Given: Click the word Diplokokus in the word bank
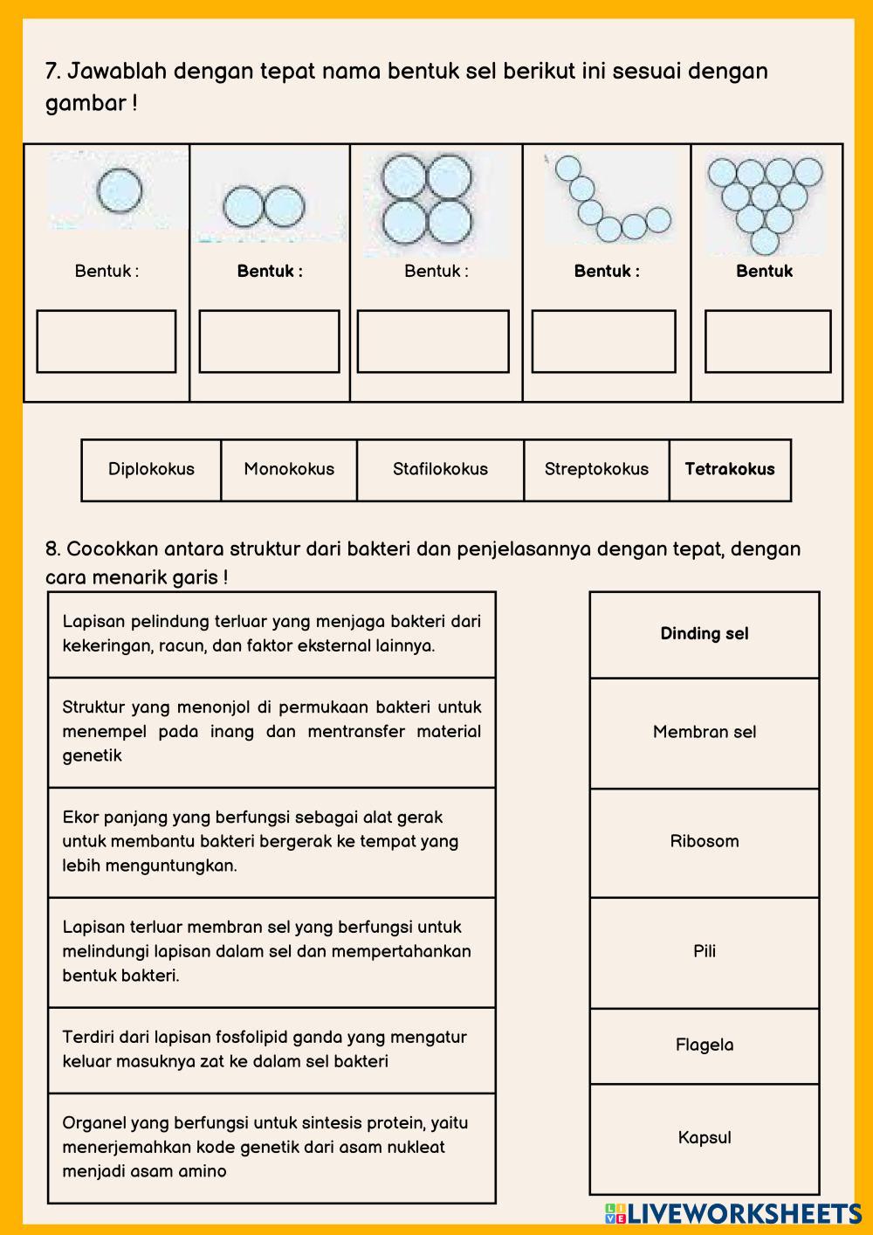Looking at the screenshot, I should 151,469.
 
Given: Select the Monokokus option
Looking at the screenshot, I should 289,469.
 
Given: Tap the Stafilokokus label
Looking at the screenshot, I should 440,469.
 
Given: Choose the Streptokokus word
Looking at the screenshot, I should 596,469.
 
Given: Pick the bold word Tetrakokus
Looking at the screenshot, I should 730,469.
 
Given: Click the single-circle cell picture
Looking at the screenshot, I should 118,190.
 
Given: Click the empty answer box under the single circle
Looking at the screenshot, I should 106,342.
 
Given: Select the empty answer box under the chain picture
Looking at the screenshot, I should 603,342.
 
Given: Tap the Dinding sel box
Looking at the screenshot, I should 705,634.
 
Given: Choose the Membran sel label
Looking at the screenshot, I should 705,732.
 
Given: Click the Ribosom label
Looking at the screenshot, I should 705,841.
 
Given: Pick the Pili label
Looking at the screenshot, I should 705,951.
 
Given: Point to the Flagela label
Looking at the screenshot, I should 705,1045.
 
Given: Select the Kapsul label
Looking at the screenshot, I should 705,1137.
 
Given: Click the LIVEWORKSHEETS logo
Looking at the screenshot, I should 733,1213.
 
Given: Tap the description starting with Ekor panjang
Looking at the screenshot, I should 272,842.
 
